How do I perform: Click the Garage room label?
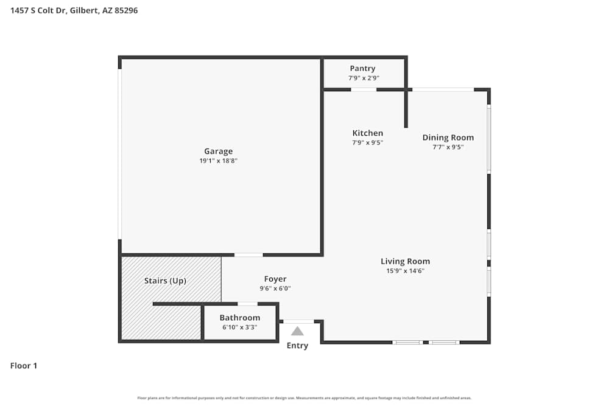click(x=218, y=152)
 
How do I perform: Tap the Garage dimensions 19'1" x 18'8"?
click(x=218, y=161)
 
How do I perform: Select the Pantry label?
click(x=362, y=69)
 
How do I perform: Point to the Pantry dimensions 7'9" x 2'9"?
click(x=364, y=78)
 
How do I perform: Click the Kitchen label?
click(x=368, y=133)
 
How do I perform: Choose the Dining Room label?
click(x=448, y=138)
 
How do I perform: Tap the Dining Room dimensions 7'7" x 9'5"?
click(x=448, y=147)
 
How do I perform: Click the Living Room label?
click(x=405, y=262)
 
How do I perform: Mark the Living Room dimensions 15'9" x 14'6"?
click(x=405, y=271)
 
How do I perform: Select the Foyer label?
click(x=275, y=279)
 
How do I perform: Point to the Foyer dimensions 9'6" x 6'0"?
click(x=275, y=289)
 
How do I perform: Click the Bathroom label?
click(x=239, y=318)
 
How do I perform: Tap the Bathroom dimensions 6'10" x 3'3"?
click(x=239, y=327)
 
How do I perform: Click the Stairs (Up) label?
click(x=165, y=281)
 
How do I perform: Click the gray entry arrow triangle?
click(x=297, y=331)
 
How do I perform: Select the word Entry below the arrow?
click(x=297, y=346)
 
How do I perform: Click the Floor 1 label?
click(x=24, y=366)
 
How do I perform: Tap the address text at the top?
click(x=74, y=10)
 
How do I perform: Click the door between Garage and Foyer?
click(x=248, y=254)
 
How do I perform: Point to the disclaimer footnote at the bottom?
click(x=304, y=398)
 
